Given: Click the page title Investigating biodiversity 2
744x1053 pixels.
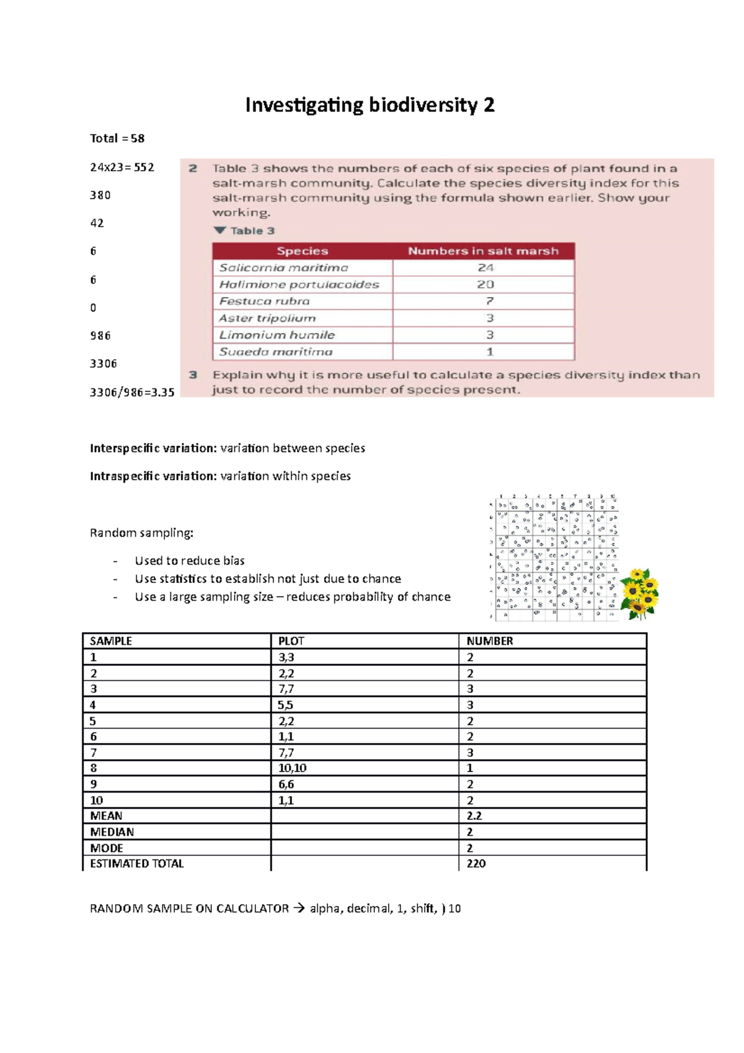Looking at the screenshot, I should [370, 105].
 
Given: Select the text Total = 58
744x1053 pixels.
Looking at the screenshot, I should [117, 138].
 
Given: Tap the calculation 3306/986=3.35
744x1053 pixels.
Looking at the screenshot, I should [131, 392].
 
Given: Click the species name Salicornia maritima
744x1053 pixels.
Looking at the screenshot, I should [283, 268].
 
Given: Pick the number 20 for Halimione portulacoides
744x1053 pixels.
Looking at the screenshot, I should [485, 285].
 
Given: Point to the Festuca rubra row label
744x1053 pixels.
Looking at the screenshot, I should [264, 301].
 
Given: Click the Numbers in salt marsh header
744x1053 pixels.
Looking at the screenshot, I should [483, 251].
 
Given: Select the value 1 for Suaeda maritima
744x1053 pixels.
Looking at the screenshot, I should [489, 352].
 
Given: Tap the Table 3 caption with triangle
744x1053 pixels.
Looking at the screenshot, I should [244, 231].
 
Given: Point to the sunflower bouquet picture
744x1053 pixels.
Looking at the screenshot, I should [639, 593].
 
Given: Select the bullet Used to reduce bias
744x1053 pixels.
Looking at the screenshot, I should [190, 561].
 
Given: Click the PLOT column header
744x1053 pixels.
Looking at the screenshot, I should [291, 641].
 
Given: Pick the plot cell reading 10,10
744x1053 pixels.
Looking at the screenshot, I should [292, 768].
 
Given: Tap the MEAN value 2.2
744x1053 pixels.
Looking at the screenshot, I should [474, 816].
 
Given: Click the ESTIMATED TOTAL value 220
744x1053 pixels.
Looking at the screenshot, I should [476, 864].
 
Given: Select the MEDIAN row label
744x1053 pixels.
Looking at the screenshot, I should [112, 832].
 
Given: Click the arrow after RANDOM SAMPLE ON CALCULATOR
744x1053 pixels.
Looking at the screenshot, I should [299, 909].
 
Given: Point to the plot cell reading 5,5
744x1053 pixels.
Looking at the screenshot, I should [285, 705].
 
